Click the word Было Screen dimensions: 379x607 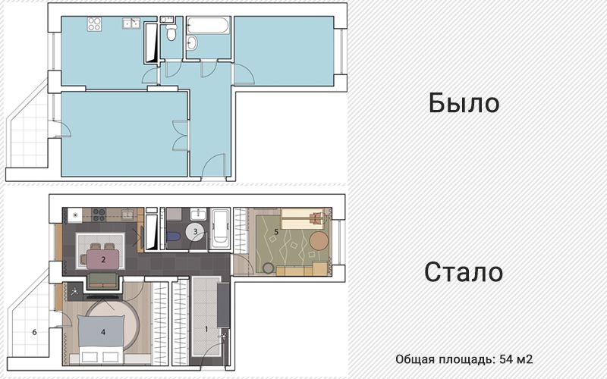464,103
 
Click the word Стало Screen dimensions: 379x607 464,271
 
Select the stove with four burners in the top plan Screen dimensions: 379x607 94,24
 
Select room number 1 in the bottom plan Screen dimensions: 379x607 206,329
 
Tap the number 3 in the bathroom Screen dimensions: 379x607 196,232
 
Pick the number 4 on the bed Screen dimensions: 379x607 103,331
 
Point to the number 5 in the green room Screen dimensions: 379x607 276,231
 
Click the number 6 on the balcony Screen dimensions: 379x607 35,331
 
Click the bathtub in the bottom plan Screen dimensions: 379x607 222,229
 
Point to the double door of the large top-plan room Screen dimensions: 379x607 179,136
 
